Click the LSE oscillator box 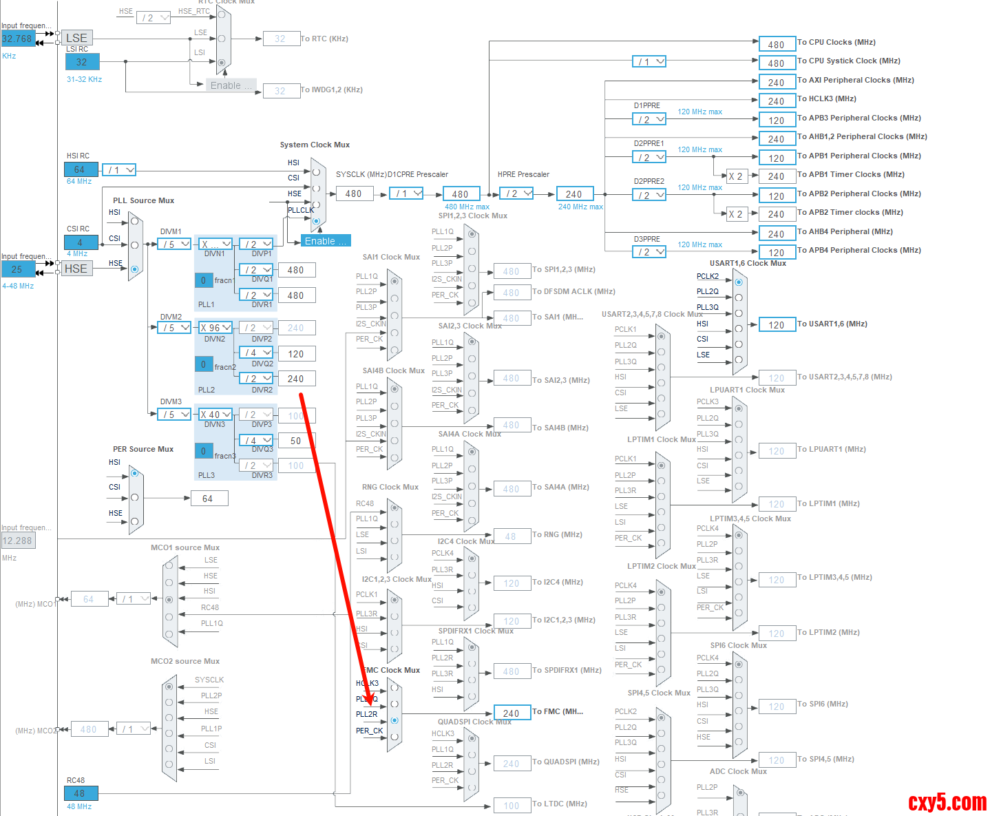(x=76, y=38)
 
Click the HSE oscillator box (x=76, y=269)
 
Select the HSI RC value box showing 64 (x=81, y=169)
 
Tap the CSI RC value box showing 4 (x=81, y=242)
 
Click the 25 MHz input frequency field (x=18, y=269)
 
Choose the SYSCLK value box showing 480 (x=354, y=194)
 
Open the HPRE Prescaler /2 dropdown (x=517, y=193)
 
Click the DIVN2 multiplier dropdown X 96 (x=215, y=328)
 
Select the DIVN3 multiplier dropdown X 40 (x=215, y=415)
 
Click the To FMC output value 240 (x=512, y=713)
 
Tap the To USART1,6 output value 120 (x=777, y=324)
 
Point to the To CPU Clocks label (x=836, y=42)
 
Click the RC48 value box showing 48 (x=81, y=793)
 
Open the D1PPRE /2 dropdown (x=649, y=119)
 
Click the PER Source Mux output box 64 (x=209, y=499)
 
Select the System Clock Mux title (x=315, y=145)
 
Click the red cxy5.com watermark (x=947, y=802)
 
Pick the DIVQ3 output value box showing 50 (x=296, y=441)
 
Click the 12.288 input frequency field (x=18, y=541)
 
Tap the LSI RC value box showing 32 (x=82, y=62)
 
